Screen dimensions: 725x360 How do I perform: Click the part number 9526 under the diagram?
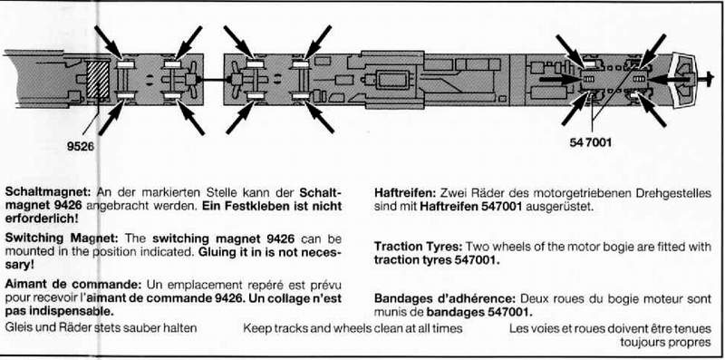click(x=80, y=147)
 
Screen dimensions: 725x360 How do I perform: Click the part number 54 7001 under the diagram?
click(x=591, y=142)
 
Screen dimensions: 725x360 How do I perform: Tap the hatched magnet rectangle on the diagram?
click(x=98, y=79)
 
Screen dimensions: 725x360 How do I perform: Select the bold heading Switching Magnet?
click(x=62, y=238)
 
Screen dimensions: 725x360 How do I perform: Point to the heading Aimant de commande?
click(x=73, y=284)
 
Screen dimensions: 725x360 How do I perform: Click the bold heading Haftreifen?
click(x=404, y=193)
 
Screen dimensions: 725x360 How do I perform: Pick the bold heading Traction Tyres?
click(x=419, y=246)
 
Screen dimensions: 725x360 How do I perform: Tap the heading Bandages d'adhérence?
click(x=445, y=298)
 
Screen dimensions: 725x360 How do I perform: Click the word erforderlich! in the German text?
click(x=41, y=219)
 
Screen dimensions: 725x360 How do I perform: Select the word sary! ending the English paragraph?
click(x=18, y=266)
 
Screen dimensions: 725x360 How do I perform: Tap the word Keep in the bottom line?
click(x=256, y=328)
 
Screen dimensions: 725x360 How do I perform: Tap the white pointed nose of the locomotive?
click(x=683, y=80)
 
